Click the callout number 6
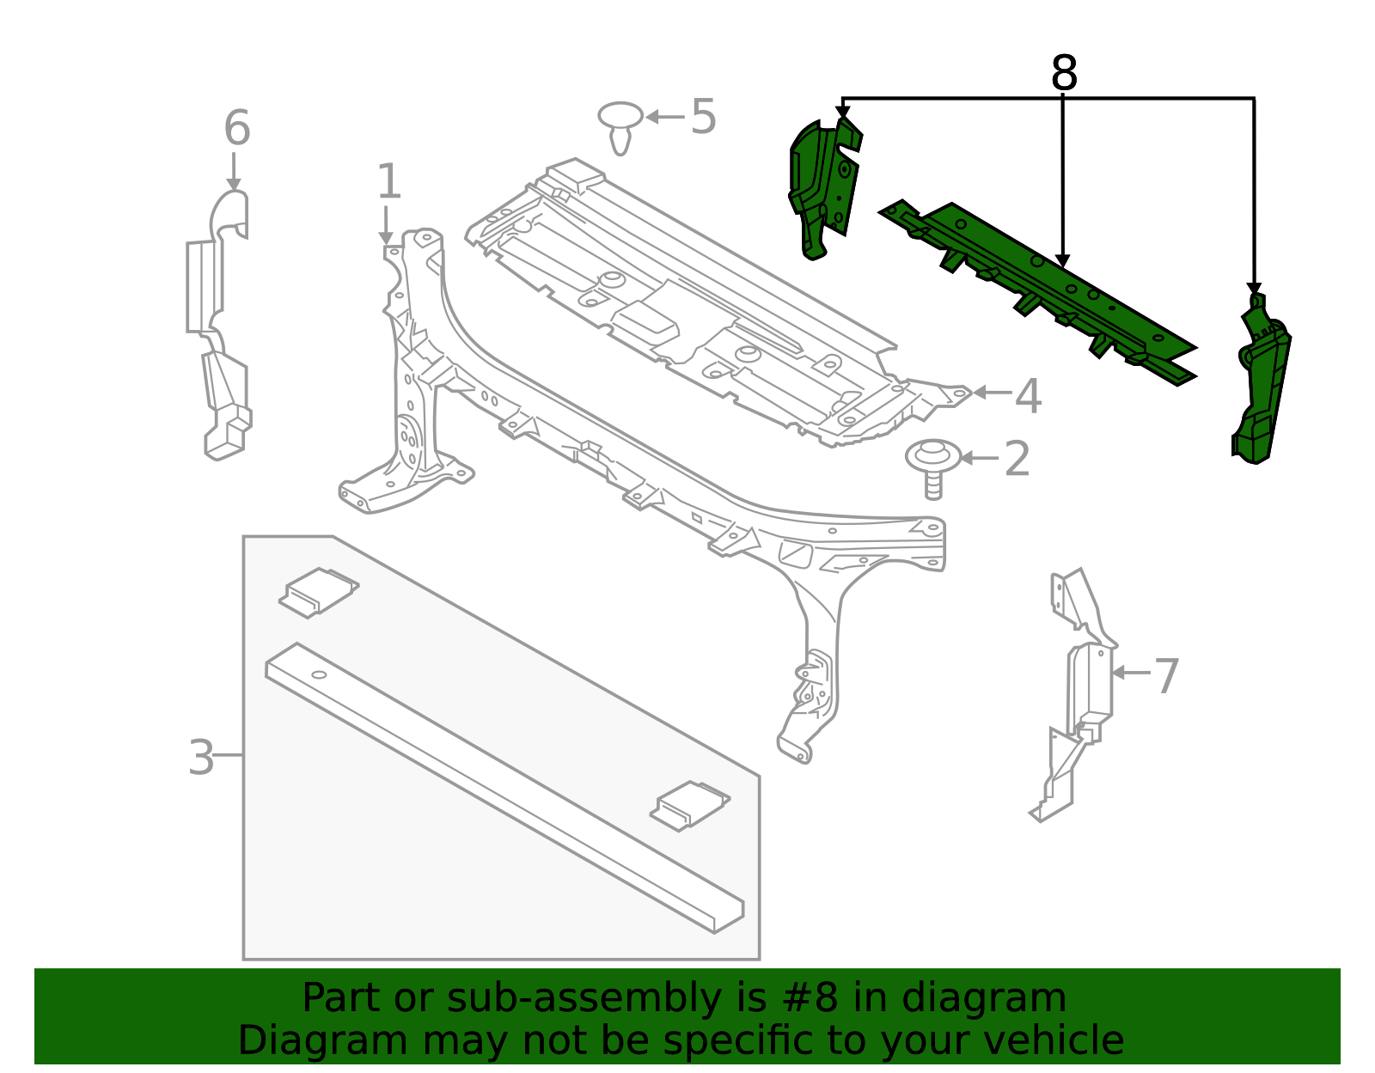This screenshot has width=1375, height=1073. pos(236,128)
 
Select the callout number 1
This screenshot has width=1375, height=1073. pos(388,182)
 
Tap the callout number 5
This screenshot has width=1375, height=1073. pos(703,117)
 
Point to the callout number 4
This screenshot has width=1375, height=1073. pos(1028,396)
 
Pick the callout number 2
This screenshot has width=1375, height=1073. pos(1017,459)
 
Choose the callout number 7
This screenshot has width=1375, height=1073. pos(1165,676)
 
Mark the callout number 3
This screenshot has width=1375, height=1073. pos(201,758)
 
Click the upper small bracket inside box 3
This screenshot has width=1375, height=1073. pos(318,591)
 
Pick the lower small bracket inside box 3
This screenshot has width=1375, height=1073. pos(689,805)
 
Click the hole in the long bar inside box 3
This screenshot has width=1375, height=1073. pos(319,674)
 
